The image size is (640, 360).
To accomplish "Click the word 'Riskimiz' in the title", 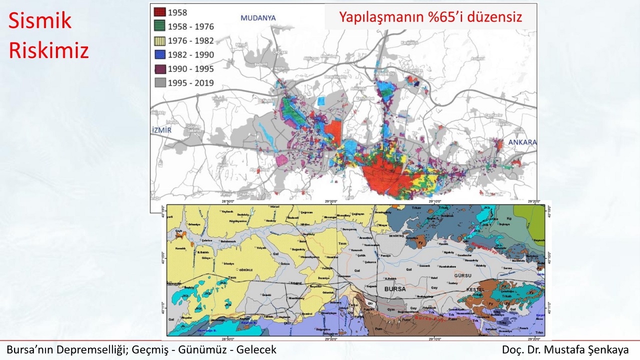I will (48, 50).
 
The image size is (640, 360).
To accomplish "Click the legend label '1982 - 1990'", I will (191, 55).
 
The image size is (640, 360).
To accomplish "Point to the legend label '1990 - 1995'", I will (191, 69).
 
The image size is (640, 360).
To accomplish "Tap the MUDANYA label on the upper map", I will (258, 18).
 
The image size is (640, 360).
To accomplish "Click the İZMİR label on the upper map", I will (161, 130).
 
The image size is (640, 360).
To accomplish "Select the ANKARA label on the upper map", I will (522, 142).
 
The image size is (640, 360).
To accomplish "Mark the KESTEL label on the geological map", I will (475, 289).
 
